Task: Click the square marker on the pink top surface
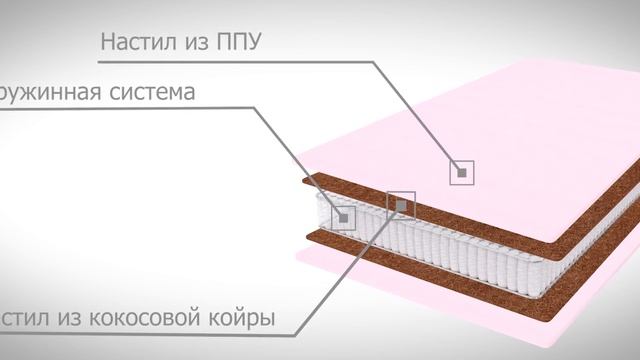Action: tap(461, 172)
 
